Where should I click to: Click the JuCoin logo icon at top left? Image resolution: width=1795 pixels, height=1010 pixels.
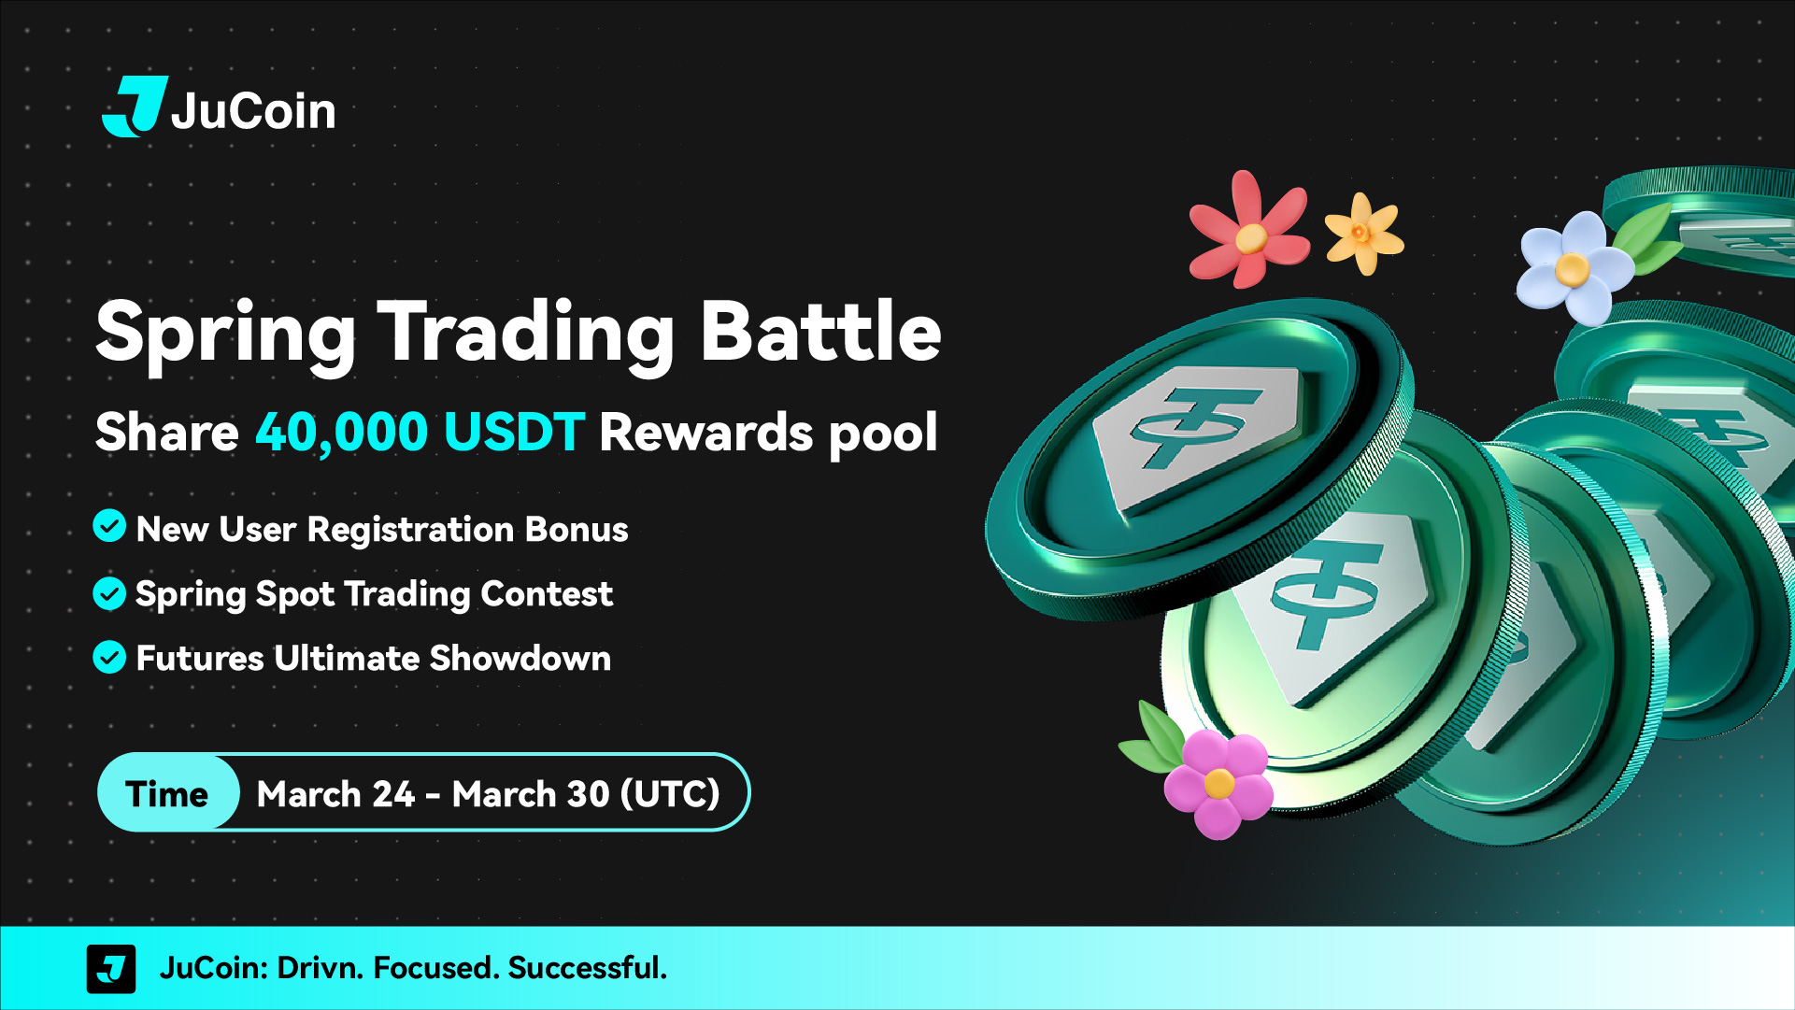coord(135,107)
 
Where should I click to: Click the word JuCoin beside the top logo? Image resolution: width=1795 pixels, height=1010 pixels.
coord(253,111)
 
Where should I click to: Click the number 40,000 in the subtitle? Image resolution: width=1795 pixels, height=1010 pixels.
coord(342,433)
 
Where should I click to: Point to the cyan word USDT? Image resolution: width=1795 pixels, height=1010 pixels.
coord(515,432)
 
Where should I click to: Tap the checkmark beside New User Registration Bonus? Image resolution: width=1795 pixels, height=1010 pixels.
coord(109,526)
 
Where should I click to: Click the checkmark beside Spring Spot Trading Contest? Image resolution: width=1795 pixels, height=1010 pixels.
coord(109,593)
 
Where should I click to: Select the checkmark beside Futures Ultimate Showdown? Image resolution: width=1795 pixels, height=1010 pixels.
coord(109,658)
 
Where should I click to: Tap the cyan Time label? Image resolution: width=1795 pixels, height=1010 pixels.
coord(167,793)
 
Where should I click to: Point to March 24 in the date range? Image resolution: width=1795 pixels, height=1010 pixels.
coord(335,793)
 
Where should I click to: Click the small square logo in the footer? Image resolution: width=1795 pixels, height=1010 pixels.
coord(111,969)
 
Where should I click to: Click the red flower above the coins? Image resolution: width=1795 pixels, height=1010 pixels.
coord(1248,230)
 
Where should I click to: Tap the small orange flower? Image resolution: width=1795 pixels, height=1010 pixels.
coord(1363,234)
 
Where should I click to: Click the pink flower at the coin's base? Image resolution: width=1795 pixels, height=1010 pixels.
coord(1218,783)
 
